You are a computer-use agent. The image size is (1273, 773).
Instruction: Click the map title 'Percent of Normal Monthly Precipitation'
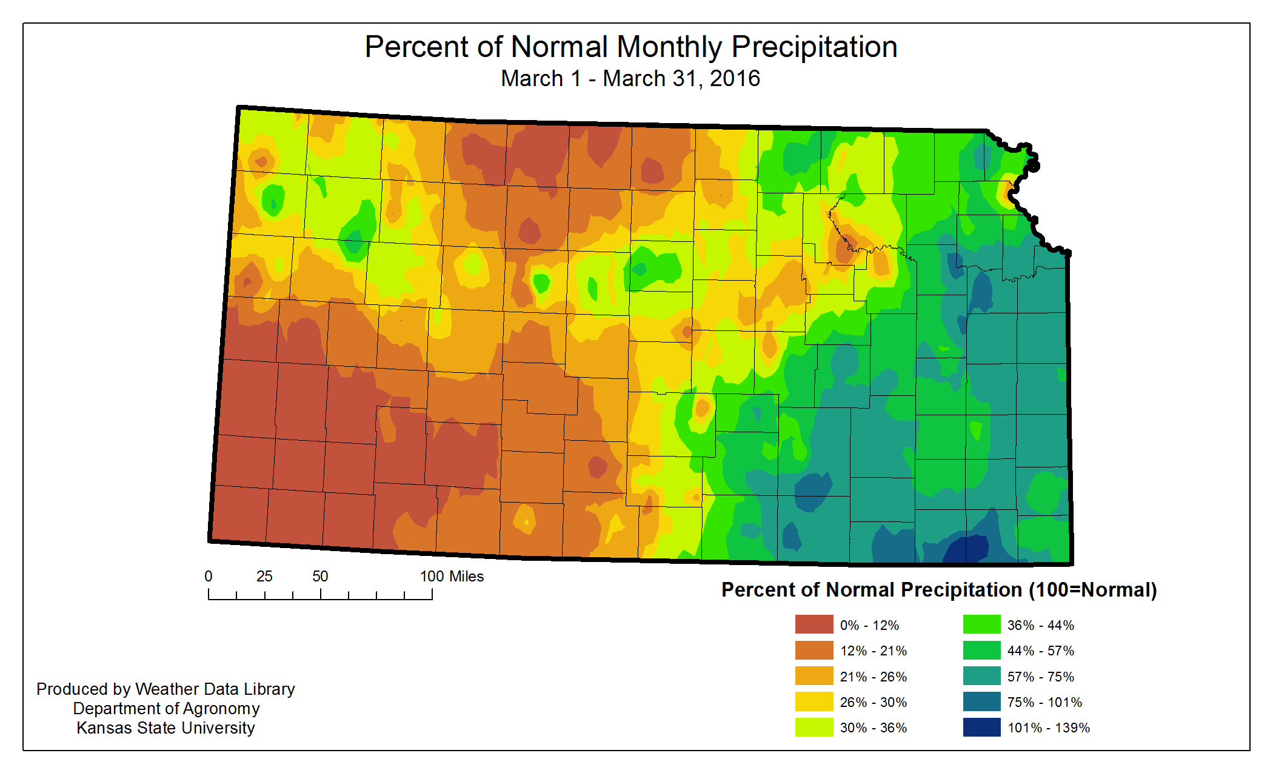630,47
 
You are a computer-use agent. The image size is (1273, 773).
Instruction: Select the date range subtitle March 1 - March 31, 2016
630,79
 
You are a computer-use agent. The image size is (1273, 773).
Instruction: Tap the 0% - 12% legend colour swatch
814,624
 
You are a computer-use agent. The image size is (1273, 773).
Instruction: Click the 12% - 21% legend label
873,651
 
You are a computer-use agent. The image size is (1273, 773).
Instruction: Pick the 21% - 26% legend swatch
814,676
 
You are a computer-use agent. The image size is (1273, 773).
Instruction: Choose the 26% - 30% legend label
873,702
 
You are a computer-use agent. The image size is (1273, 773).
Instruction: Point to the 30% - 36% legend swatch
814,728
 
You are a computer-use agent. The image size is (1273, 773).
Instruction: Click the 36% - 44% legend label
1040,625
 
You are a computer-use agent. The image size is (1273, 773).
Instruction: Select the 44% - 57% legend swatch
981,651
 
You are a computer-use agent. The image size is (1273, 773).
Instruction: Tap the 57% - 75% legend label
1040,677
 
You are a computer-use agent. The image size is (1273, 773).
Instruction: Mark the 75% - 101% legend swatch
981,702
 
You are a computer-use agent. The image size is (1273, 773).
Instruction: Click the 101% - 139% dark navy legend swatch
981,728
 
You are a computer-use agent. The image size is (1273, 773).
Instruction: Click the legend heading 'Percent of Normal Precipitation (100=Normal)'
939,590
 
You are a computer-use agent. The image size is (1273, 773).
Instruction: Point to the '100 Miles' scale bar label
452,577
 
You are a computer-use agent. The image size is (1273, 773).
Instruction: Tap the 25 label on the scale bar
264,577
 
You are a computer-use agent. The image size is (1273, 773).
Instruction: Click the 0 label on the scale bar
209,577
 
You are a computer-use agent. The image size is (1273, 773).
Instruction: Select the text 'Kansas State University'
165,728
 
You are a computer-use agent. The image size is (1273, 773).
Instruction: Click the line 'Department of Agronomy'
166,708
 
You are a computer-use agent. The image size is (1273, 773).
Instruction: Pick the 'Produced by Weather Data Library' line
165,689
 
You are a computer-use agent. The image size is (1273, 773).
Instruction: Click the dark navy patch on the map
967,549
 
